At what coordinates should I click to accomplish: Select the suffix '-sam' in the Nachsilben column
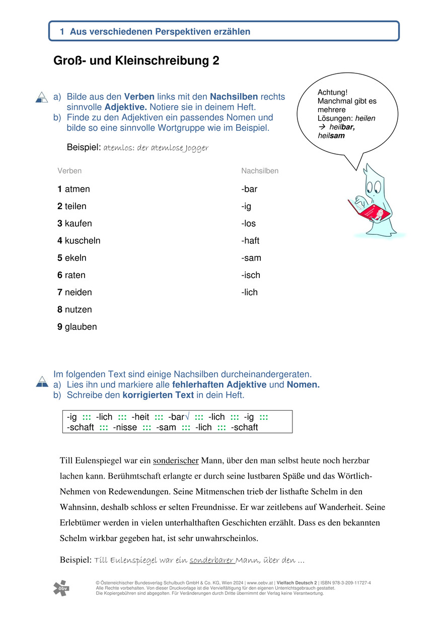(x=251, y=258)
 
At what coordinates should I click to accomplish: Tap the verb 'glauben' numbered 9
(x=81, y=327)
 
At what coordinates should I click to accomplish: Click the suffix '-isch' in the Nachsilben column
(x=251, y=275)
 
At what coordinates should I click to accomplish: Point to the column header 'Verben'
(x=69, y=171)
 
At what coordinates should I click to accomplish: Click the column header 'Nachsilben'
(x=260, y=171)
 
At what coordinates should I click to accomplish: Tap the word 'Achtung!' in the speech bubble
(x=333, y=93)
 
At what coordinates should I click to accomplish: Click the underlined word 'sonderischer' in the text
(x=177, y=461)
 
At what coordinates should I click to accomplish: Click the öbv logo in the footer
(x=61, y=588)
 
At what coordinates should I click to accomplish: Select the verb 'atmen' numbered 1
(x=77, y=190)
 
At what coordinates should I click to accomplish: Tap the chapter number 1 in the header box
(x=62, y=32)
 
